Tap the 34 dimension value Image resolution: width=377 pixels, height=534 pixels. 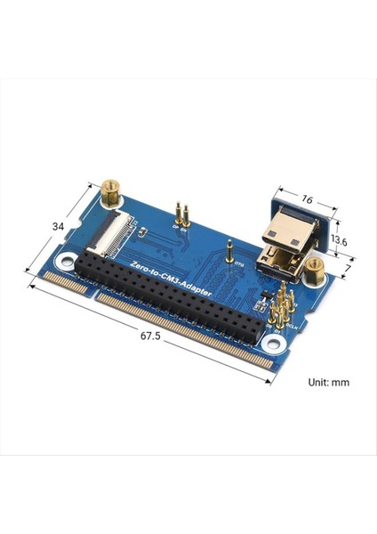(58, 227)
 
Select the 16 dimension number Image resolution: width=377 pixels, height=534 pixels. (307, 202)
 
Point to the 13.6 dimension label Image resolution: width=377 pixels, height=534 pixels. (338, 240)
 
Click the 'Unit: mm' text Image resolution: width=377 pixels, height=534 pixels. (327, 382)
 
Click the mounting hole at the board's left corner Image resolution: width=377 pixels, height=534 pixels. (66, 263)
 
